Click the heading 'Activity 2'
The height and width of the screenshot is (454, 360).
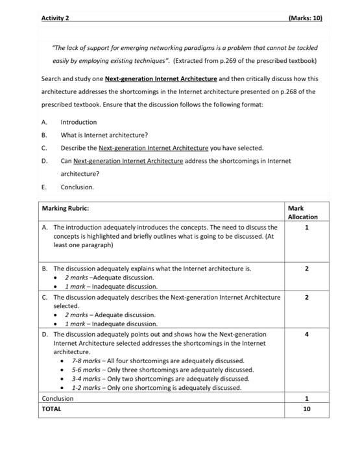55,18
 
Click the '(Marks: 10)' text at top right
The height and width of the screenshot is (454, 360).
304,18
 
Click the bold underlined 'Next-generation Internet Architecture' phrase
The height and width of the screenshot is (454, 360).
161,79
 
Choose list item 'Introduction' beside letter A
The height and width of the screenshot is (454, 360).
78,122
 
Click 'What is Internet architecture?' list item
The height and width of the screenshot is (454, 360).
104,135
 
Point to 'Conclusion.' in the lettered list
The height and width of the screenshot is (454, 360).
77,187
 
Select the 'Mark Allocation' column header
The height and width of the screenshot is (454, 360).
302,212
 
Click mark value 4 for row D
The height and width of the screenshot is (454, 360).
307,335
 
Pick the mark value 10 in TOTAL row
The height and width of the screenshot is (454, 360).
307,409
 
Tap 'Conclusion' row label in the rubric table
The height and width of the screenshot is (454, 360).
58,398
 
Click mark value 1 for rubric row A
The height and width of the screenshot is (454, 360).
307,228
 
